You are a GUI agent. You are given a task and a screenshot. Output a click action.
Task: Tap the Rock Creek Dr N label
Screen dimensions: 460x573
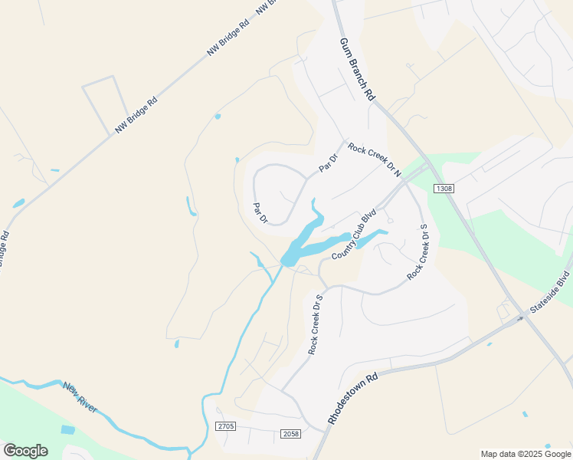point(375,159)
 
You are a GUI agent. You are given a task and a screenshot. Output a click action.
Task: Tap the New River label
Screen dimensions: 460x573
point(80,398)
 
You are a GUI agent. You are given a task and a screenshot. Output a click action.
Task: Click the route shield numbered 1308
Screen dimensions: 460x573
point(444,188)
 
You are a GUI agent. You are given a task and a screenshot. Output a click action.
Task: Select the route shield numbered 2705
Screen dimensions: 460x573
point(224,426)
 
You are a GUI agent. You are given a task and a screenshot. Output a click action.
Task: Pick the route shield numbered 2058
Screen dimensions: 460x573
point(290,434)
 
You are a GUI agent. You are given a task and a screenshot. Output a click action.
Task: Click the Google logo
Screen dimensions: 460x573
point(25,451)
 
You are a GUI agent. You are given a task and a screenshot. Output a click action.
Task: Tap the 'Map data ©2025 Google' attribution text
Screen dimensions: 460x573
point(526,454)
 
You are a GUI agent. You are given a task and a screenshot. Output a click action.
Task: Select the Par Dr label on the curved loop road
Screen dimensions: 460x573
point(260,213)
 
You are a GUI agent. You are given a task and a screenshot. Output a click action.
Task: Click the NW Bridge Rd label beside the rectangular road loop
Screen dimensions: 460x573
point(136,115)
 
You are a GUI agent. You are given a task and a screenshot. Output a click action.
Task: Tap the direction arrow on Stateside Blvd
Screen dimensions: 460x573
point(520,317)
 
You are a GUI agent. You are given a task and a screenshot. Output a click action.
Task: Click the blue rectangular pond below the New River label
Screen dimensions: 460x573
point(68,430)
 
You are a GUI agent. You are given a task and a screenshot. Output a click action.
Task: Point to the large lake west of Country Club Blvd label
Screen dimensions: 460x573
point(303,242)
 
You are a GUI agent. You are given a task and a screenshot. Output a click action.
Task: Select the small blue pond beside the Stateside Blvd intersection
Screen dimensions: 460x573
point(489,344)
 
